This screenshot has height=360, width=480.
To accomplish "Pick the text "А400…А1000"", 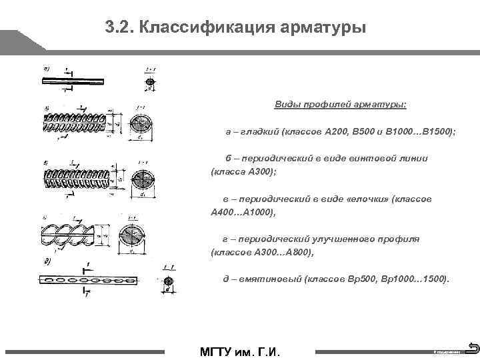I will pos(242,212).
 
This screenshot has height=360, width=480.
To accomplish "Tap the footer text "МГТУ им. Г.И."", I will pos(240,351).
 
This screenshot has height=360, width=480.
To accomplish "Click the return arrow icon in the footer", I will pos(473,347).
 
